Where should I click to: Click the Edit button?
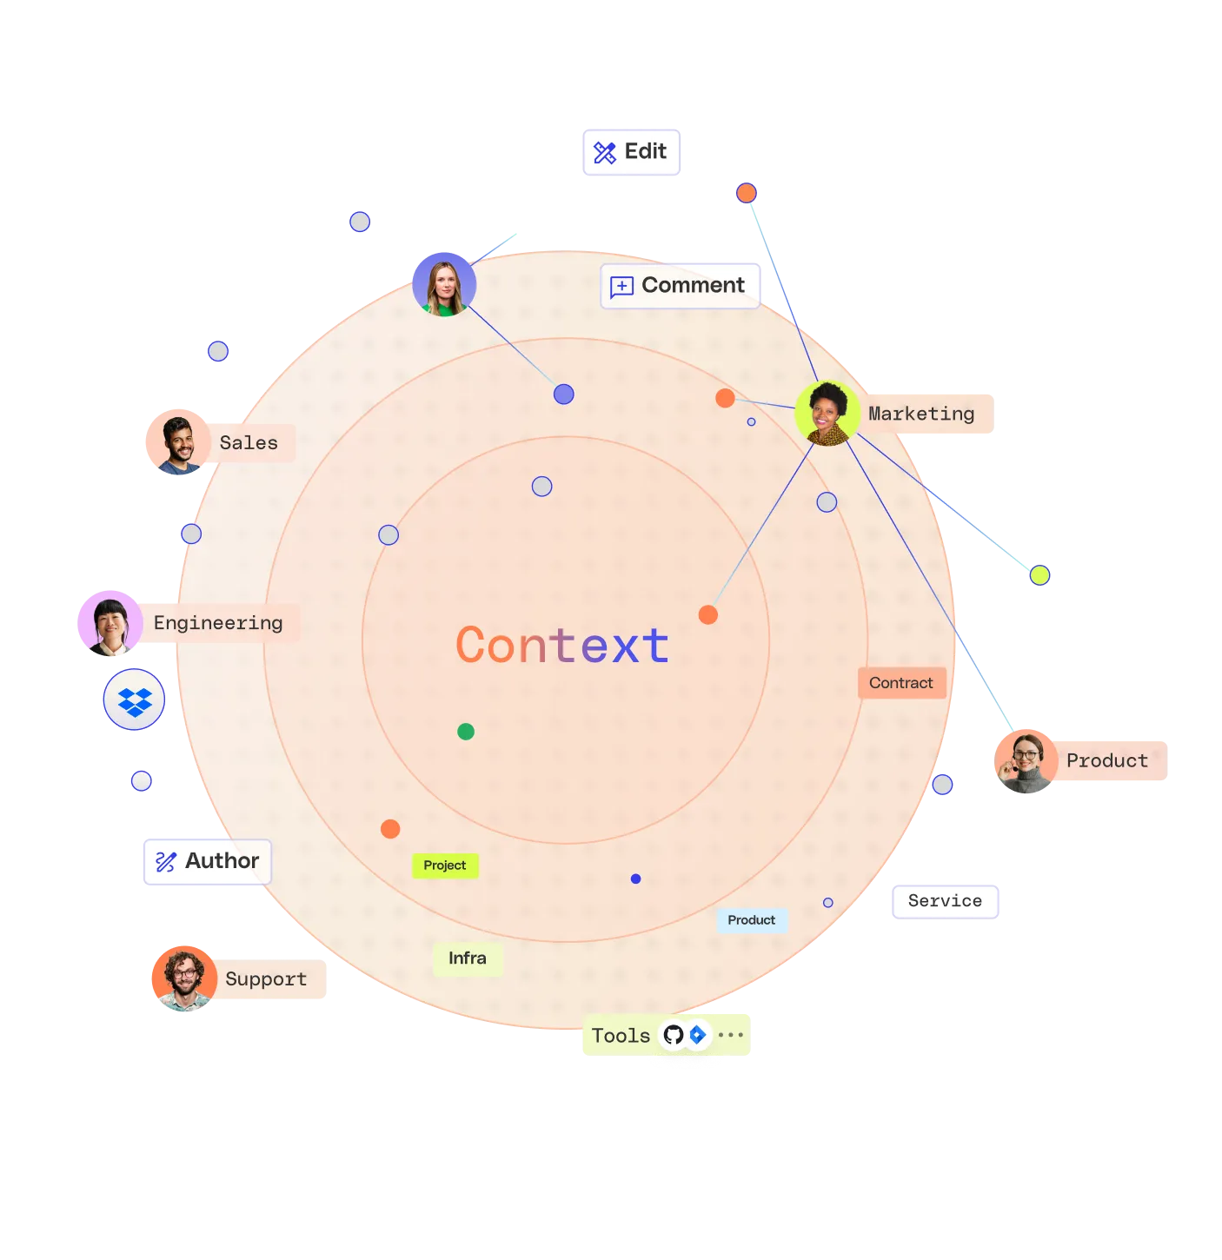(630, 152)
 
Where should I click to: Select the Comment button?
(681, 286)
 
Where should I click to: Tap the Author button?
(207, 861)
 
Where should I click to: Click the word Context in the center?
(563, 646)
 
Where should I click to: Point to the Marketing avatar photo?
(827, 414)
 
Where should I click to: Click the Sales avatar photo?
(179, 441)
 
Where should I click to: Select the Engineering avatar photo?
(110, 622)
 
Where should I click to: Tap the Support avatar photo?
(184, 978)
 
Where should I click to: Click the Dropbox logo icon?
(135, 700)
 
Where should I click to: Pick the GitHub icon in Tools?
(674, 1035)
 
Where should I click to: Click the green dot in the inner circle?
(466, 732)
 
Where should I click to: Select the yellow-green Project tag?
(445, 865)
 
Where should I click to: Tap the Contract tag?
(901, 683)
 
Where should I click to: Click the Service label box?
(945, 901)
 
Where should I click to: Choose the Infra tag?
(468, 958)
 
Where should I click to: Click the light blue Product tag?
(752, 920)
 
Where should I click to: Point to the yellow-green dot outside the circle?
(1039, 575)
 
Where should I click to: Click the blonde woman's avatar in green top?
(444, 284)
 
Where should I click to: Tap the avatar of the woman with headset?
(1026, 760)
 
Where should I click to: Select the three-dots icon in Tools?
(731, 1035)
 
